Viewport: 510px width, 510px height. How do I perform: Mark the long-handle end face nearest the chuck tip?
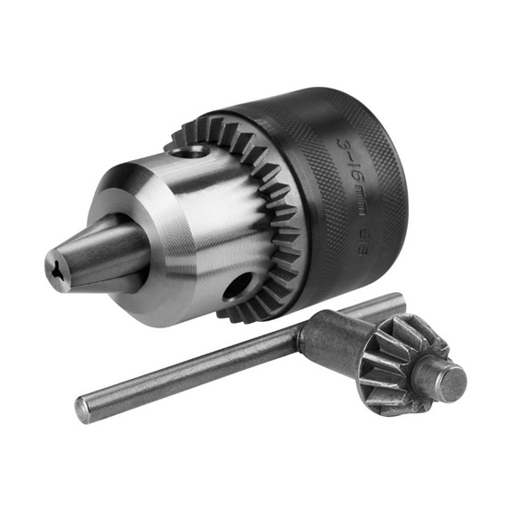[82, 410]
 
